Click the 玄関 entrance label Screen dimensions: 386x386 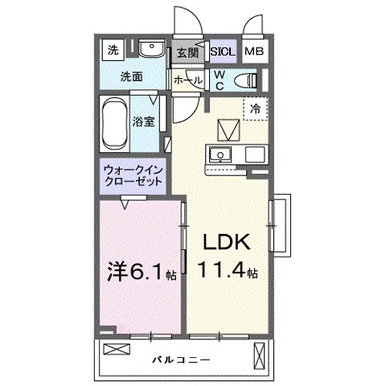(x=187, y=53)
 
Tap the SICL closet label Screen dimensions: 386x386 (x=222, y=52)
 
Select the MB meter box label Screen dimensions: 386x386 (x=253, y=52)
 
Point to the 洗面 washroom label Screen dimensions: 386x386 (x=131, y=78)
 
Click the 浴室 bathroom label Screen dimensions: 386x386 (x=146, y=123)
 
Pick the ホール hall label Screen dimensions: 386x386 (x=187, y=80)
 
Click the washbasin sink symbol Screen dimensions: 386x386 (x=150, y=50)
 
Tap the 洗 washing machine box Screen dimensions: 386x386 (x=113, y=50)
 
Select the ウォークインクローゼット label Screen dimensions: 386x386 (x=133, y=175)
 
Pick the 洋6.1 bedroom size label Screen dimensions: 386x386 (x=138, y=273)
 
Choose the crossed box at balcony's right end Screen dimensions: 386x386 (x=259, y=355)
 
